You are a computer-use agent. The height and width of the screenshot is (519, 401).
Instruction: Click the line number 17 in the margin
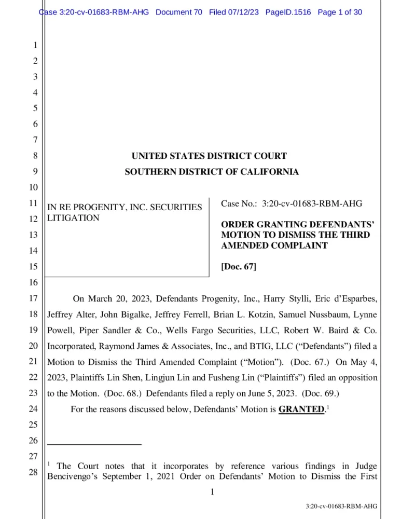[x=32, y=298]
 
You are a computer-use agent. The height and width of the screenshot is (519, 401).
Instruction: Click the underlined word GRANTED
[x=301, y=409]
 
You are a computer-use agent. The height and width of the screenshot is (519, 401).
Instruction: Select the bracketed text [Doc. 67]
[x=239, y=267]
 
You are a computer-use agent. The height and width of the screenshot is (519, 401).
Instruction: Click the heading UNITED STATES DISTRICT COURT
[x=209, y=156]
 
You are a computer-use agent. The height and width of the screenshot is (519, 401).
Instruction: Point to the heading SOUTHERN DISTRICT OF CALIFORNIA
[x=212, y=172]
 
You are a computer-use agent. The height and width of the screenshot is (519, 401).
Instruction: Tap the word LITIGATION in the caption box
[x=73, y=218]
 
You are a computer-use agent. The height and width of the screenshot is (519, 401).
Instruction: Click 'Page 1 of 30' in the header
[x=339, y=12]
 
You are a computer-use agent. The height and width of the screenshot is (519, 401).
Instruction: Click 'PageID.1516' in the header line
[x=288, y=12]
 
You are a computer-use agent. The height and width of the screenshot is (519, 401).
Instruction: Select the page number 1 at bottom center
[x=212, y=491]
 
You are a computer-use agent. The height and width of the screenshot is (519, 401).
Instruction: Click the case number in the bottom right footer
[x=341, y=506]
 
